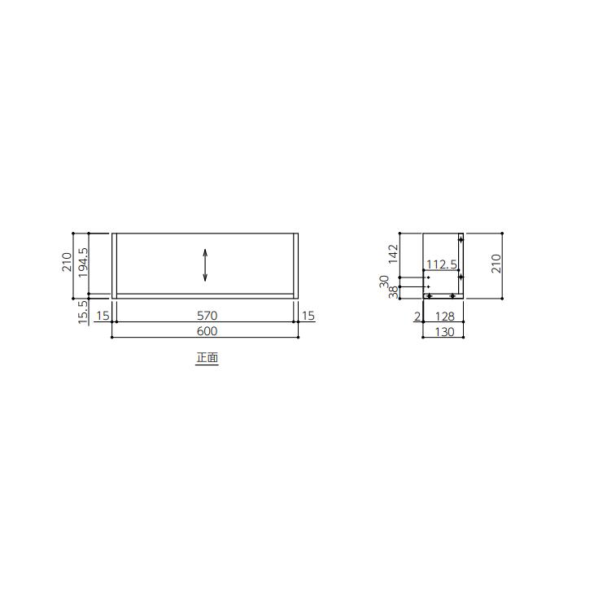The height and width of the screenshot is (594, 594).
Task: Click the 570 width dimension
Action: tap(205, 316)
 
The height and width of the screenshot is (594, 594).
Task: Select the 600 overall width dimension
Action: tap(205, 331)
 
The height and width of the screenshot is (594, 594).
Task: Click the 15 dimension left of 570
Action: tap(103, 316)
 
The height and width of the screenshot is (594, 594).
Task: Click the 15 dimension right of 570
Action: tap(308, 316)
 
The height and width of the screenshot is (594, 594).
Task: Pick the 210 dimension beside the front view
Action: tap(68, 263)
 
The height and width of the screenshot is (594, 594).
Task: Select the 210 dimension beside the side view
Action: tap(496, 263)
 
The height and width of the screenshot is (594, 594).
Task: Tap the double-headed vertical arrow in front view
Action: tap(205, 265)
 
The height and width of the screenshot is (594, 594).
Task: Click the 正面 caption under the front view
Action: tap(207, 357)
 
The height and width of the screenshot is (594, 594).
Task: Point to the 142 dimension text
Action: tap(392, 254)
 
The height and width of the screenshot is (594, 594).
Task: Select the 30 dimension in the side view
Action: tap(384, 280)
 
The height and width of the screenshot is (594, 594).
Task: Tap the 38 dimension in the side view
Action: tap(392, 292)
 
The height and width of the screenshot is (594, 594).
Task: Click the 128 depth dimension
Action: tap(443, 316)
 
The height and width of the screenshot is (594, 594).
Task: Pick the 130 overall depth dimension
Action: tap(443, 331)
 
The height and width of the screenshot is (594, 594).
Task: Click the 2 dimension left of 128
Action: tap(417, 316)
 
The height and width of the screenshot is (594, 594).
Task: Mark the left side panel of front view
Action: tap(114, 265)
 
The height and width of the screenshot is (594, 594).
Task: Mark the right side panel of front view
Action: tap(296, 265)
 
